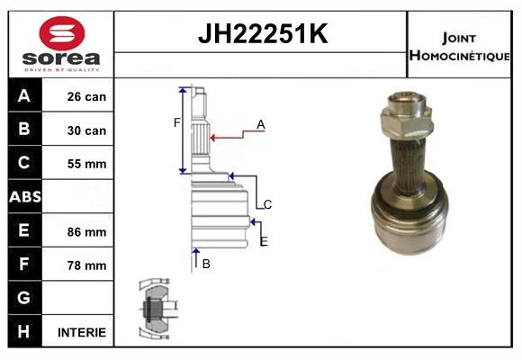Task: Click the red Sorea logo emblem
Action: [62, 33]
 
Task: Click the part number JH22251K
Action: [263, 33]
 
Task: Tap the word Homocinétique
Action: [460, 56]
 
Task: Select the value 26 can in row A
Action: [86, 96]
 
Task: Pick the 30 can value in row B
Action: [86, 130]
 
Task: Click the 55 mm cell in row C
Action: [86, 164]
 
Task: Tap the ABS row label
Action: [25, 196]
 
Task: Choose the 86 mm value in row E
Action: [86, 232]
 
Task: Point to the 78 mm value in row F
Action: [86, 265]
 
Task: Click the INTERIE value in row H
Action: [82, 332]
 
